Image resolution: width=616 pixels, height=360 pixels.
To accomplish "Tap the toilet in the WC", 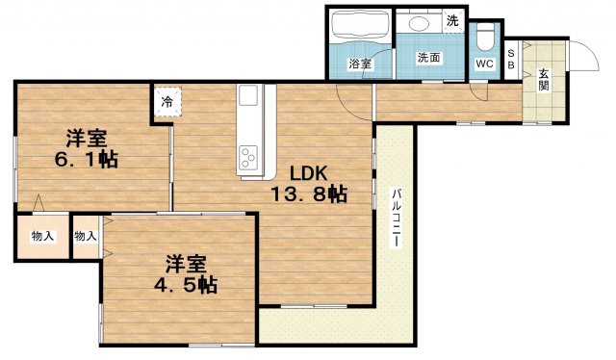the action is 484,38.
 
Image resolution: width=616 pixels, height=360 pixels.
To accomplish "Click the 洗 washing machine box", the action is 453,20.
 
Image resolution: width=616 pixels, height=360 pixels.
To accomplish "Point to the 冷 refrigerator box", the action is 167,102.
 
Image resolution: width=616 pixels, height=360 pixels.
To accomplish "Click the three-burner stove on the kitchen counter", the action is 248,158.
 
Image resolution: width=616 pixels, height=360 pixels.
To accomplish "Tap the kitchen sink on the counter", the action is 248,95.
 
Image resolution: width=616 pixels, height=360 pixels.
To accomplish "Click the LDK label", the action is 308,173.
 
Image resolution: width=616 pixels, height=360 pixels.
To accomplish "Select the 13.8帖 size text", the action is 308,193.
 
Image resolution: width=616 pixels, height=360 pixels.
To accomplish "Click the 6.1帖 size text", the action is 86,159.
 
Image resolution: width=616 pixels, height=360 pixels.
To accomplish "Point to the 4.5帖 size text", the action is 185,285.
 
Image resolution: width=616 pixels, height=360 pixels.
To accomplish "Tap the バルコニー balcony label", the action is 396,218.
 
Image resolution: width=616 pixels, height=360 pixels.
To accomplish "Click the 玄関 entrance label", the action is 544,79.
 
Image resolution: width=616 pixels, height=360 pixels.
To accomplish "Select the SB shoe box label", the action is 511,60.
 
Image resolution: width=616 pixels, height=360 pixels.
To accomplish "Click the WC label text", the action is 484,64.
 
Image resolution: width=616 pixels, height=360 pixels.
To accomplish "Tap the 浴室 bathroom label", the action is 360,64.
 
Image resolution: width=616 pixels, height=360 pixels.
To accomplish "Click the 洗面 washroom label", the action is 428,58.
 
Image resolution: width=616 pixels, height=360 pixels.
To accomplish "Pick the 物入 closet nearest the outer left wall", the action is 42,236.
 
